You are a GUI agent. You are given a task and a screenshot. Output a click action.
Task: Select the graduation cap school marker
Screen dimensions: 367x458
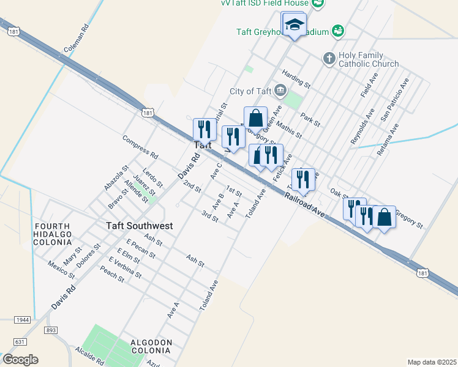point(295,25)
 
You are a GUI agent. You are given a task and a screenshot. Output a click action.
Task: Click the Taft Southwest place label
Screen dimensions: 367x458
point(139,226)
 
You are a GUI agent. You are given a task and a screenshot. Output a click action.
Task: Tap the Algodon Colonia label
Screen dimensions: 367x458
point(150,346)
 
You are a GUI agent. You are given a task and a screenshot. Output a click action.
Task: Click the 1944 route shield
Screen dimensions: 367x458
point(23,320)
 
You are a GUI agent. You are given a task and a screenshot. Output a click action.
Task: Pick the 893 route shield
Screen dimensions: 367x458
point(51,330)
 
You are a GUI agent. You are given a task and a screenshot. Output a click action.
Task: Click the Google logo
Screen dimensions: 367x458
point(20,360)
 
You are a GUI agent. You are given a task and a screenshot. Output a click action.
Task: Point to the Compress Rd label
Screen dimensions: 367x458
point(140,147)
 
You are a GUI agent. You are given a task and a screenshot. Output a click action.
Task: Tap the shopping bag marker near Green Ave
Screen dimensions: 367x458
point(256,117)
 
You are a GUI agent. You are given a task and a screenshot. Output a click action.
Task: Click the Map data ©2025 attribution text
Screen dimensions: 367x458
point(431,362)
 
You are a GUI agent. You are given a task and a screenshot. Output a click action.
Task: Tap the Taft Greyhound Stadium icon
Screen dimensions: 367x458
point(338,30)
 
